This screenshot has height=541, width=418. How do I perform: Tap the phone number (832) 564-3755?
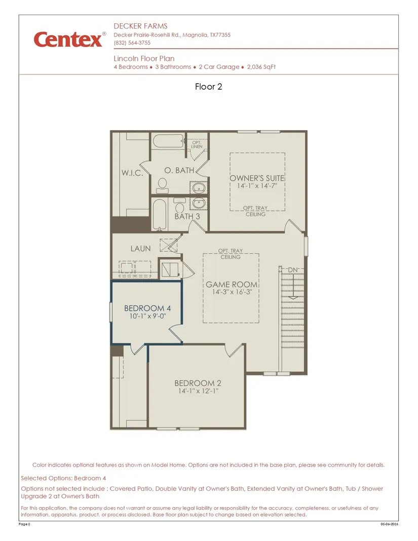click(132, 43)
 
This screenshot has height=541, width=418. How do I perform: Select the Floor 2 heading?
click(208, 87)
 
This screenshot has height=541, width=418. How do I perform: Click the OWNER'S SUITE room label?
click(257, 178)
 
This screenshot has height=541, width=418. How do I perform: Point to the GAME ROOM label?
click(232, 285)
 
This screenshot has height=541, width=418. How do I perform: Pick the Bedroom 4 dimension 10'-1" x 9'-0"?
click(148, 316)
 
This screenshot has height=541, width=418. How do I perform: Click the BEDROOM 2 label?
click(198, 383)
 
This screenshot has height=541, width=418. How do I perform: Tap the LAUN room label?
click(140, 248)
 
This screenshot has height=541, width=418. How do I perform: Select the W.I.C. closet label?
click(132, 173)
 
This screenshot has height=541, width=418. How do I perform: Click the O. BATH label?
click(179, 170)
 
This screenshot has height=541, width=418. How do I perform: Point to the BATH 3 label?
click(187, 216)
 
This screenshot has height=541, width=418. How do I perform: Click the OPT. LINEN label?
click(197, 144)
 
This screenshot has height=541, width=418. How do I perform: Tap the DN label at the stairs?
click(293, 270)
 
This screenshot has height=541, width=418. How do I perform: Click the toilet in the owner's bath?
click(162, 185)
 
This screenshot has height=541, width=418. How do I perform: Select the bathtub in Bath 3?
click(159, 214)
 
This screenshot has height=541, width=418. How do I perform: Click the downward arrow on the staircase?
click(293, 285)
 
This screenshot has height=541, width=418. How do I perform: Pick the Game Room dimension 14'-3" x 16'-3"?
click(232, 292)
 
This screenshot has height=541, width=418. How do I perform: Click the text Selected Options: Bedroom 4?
click(63, 478)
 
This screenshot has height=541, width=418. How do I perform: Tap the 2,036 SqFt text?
click(261, 67)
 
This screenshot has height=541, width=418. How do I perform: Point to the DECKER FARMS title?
click(140, 26)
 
